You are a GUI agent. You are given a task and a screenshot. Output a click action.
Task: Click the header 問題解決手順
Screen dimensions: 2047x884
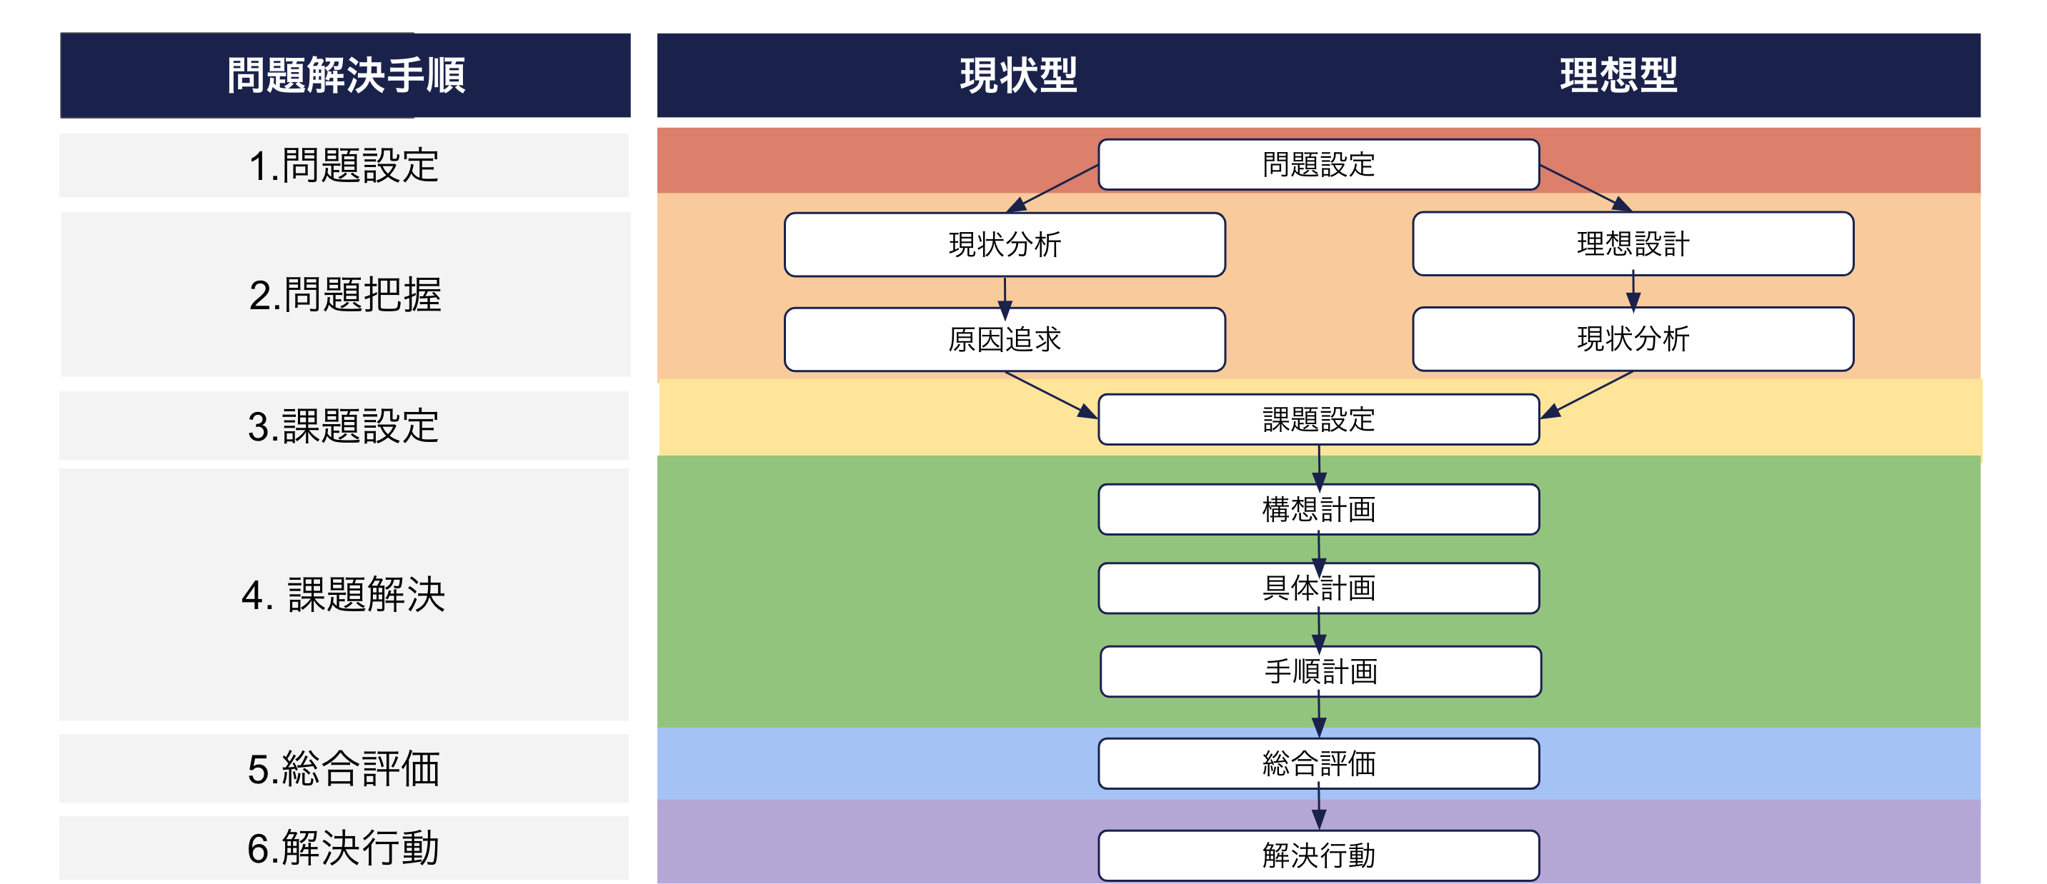346,76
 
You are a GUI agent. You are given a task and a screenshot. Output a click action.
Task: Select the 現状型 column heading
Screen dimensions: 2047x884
1018,76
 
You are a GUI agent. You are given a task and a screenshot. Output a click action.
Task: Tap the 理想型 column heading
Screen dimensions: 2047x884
1618,76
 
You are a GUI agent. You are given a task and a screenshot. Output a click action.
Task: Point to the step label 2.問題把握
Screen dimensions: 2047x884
346,295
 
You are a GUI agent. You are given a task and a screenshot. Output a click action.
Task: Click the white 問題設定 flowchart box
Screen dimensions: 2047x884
1318,164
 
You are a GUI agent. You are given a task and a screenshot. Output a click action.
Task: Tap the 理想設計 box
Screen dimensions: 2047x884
1633,243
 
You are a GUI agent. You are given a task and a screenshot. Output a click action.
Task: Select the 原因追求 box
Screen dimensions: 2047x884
1005,339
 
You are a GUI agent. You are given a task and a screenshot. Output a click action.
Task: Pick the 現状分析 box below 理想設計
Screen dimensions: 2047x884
1633,339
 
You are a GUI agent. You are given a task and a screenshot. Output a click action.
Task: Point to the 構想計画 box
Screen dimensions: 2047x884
1318,509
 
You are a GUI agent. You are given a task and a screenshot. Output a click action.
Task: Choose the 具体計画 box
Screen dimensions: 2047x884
1318,588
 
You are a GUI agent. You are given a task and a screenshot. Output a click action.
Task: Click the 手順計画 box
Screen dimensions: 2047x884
1320,671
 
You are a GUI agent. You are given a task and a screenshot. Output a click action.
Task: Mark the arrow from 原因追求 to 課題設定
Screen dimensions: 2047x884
1050,394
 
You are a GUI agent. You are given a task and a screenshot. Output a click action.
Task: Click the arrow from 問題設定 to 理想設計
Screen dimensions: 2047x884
1585,188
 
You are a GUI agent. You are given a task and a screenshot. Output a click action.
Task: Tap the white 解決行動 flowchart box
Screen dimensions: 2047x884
1318,855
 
